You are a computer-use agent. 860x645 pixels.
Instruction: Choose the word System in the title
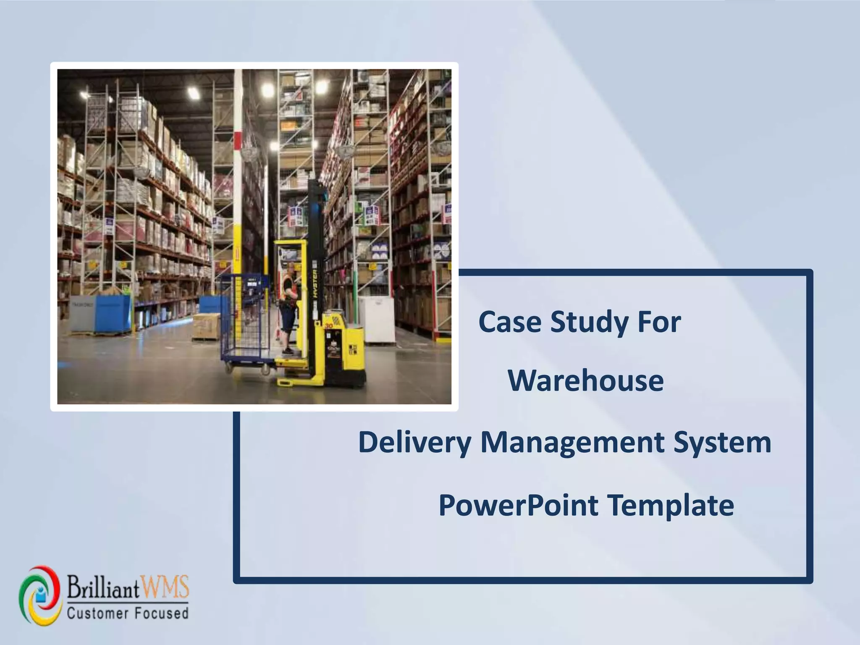pyautogui.click(x=722, y=443)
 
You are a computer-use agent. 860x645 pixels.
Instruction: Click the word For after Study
pyautogui.click(x=659, y=322)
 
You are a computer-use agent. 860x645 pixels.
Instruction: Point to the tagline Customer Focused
pyautogui.click(x=128, y=614)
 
